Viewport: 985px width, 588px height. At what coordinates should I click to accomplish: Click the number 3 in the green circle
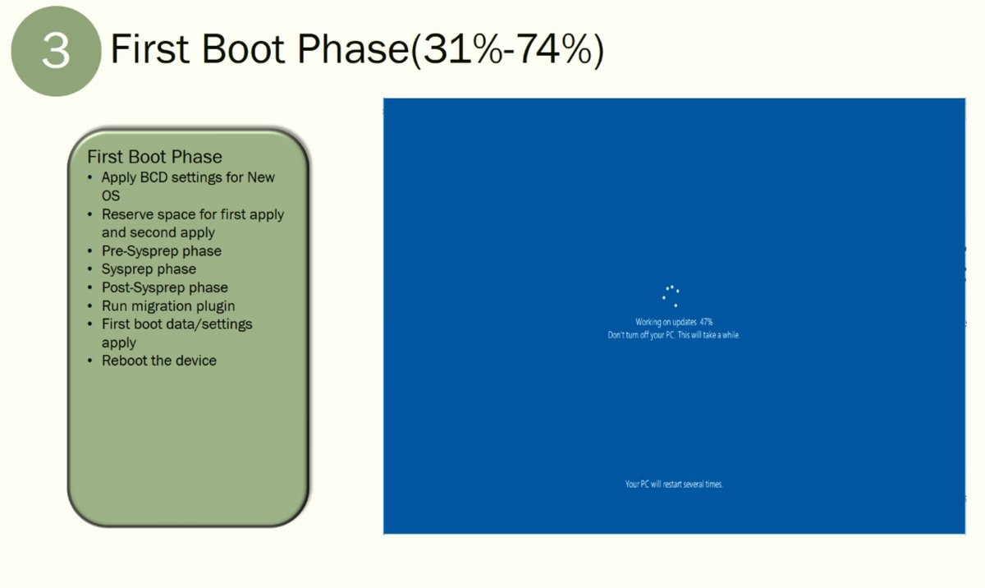[x=56, y=51]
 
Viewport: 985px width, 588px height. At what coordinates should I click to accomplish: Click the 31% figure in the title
[x=463, y=48]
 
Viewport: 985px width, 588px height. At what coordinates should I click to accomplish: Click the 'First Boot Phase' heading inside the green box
[x=154, y=157]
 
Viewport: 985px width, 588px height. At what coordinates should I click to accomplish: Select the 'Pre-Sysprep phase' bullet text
[x=162, y=251]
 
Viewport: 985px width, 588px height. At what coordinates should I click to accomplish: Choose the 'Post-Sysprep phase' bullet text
[x=165, y=287]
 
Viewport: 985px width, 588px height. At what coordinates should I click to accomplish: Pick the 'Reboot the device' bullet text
[x=159, y=361]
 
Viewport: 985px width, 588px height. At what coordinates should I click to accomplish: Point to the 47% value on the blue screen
[x=706, y=322]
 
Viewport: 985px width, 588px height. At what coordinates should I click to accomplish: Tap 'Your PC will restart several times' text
[x=674, y=485]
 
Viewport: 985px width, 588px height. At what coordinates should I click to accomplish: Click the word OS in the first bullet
[x=110, y=195]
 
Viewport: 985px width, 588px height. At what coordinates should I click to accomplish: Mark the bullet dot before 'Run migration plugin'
[x=90, y=306]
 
